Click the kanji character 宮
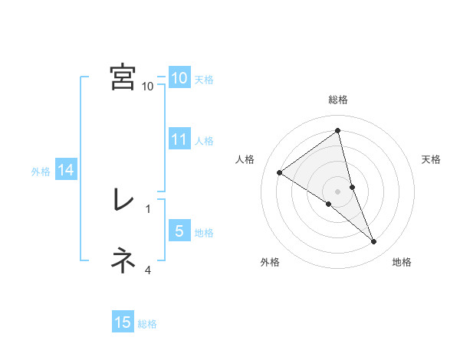pos(123,77)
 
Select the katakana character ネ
pos(123,261)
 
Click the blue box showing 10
pos(179,78)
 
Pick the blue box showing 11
pos(179,139)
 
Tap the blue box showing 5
pos(179,231)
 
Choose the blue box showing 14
pos(66,171)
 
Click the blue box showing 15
pos(123,322)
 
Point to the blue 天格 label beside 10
pos(204,80)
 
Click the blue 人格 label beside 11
pos(204,141)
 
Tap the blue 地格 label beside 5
pos(204,233)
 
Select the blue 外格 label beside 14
pos(41,172)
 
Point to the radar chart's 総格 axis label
pos(338,100)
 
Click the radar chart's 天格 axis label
pos(432,159)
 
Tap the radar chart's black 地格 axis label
pos(402,263)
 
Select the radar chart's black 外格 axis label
pos(270,263)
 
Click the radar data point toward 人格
pos(280,172)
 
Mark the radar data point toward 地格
pos(374,242)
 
